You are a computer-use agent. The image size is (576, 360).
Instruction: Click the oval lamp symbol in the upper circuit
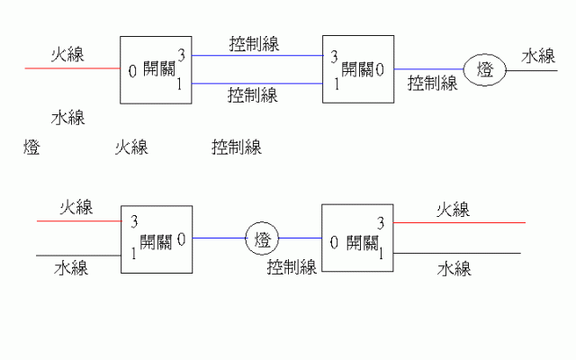coord(484,69)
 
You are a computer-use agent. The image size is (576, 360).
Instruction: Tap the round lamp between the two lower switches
coord(263,239)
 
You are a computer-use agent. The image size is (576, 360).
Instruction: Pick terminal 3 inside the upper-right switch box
coord(335,57)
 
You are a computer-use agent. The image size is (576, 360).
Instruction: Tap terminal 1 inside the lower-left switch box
coord(133,254)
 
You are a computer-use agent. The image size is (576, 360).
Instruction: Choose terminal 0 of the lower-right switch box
coord(335,242)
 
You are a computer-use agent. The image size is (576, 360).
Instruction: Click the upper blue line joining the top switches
coord(257,55)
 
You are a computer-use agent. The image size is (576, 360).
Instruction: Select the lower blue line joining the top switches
coord(257,84)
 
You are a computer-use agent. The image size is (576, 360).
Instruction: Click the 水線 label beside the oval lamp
coord(539,56)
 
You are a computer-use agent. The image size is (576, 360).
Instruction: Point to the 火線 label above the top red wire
coord(68,53)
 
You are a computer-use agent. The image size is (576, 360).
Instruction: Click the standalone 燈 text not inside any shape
coord(31,148)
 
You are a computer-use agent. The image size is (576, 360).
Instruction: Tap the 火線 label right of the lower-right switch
coord(454,210)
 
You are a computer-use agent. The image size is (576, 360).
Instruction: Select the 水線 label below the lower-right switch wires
coord(454,268)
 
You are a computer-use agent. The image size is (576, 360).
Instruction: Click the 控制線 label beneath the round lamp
coord(291,266)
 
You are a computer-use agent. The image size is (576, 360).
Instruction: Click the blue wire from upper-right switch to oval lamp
coord(428,69)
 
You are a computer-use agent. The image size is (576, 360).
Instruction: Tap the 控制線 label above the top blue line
coord(253,43)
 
